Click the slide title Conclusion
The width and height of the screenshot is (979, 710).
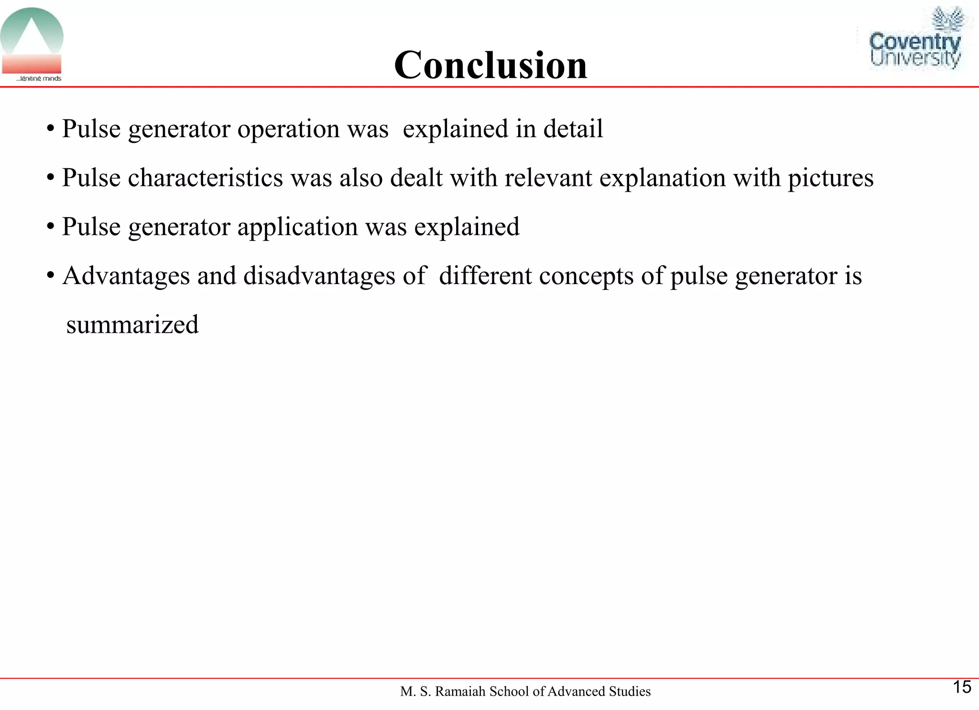(490, 65)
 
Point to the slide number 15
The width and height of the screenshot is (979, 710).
(962, 687)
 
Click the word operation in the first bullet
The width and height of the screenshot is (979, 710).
(288, 129)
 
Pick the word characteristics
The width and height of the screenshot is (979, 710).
(206, 178)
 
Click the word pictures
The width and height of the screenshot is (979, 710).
(830, 178)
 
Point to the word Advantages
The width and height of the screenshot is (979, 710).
(126, 276)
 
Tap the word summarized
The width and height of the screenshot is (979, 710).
(132, 325)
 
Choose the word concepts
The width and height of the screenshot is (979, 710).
(586, 276)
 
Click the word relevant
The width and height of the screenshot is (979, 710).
(548, 178)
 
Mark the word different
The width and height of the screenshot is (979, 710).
(485, 276)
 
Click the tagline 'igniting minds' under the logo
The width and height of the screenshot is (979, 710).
(39, 78)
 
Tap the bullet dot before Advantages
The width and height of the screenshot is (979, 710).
(50, 276)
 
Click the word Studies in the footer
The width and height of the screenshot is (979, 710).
(630, 691)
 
